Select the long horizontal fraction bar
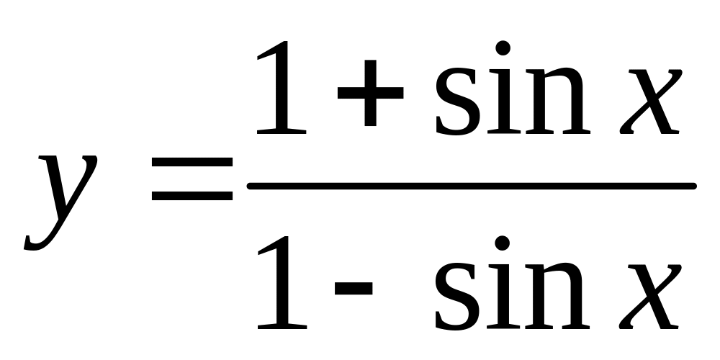tap(472, 186)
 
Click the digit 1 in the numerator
tap(283, 90)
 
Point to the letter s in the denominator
tap(459, 295)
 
